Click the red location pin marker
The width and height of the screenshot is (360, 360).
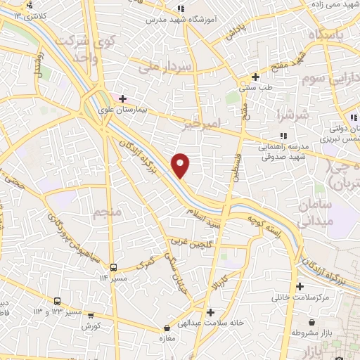(181, 165)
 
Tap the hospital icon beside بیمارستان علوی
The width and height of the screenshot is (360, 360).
(123, 99)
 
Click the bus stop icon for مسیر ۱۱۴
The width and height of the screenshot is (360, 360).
(113, 267)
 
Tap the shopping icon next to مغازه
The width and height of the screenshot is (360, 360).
(167, 328)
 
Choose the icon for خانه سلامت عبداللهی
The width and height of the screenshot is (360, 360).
(209, 312)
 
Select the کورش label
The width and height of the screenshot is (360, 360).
(91, 327)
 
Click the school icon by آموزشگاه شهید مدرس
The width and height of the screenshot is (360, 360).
(181, 8)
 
